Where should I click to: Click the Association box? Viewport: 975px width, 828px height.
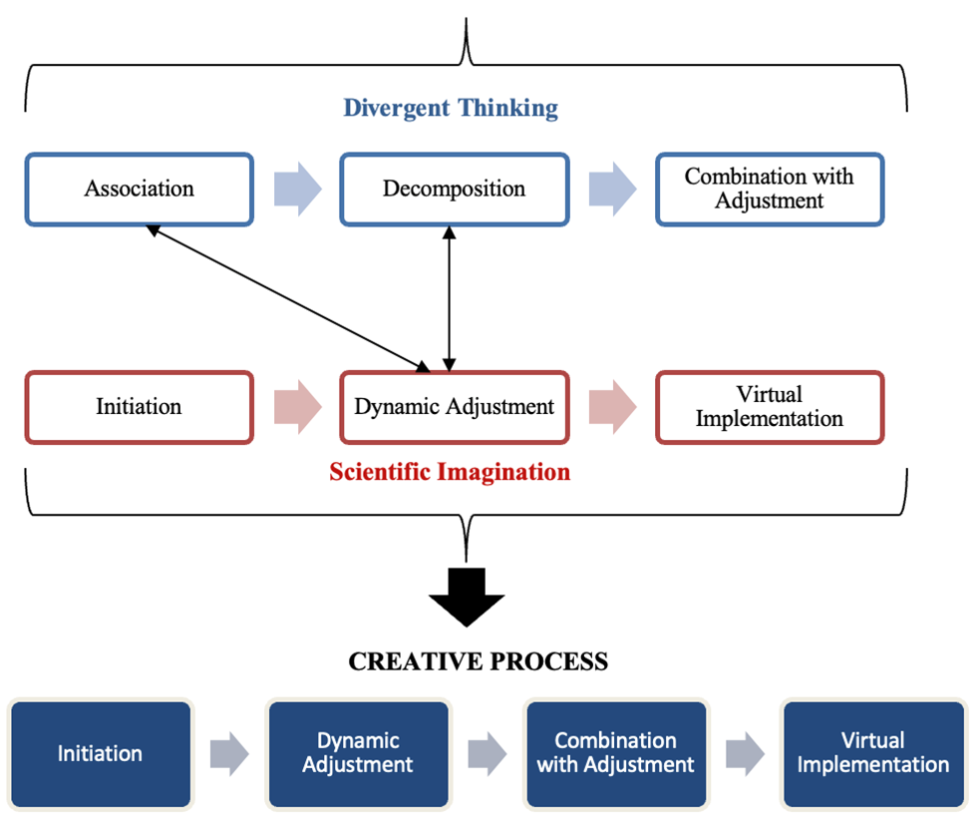[x=140, y=189]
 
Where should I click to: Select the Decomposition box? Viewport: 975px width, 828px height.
[x=455, y=189]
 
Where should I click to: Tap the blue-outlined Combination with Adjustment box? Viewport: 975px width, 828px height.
[x=769, y=189]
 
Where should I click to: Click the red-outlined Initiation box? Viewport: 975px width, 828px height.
[x=140, y=407]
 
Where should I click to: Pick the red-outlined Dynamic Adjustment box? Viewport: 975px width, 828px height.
[x=455, y=407]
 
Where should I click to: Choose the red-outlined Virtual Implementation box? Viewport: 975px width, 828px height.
[x=769, y=407]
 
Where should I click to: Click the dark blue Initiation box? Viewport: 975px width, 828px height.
[x=100, y=754]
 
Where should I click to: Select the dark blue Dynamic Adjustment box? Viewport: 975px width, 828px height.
[x=357, y=754]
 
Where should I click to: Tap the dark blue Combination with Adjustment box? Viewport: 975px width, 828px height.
[x=615, y=754]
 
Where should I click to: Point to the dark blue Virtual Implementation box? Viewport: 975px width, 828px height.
[x=873, y=754]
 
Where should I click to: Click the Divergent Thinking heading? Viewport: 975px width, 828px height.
[x=451, y=108]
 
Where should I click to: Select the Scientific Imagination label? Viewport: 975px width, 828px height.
[x=450, y=472]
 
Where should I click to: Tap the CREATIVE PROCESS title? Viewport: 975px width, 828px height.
[x=479, y=661]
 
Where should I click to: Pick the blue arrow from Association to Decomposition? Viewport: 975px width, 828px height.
[x=297, y=189]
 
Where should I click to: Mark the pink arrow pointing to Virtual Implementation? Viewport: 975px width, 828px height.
[x=612, y=407]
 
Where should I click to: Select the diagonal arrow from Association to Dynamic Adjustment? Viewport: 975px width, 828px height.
[x=287, y=297]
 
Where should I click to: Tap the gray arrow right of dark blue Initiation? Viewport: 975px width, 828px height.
[x=229, y=754]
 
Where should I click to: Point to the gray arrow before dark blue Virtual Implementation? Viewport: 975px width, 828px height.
[x=745, y=754]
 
